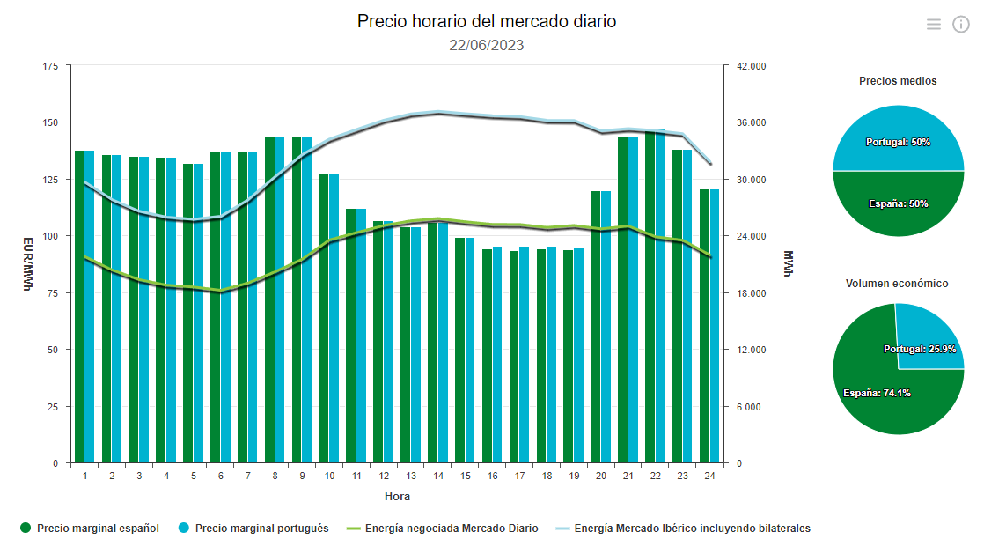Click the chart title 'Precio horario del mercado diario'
[486, 21]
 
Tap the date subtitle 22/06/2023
[486, 45]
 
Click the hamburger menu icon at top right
[934, 25]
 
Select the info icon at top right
[961, 25]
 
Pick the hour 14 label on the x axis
[437, 476]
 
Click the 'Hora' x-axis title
[397, 497]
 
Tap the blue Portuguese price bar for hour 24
[715, 326]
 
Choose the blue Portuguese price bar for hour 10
[334, 318]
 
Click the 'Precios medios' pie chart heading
[898, 81]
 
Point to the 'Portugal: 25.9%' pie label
[920, 350]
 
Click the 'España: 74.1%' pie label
[876, 394]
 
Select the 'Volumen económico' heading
[897, 284]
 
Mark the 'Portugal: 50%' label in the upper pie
[898, 142]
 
